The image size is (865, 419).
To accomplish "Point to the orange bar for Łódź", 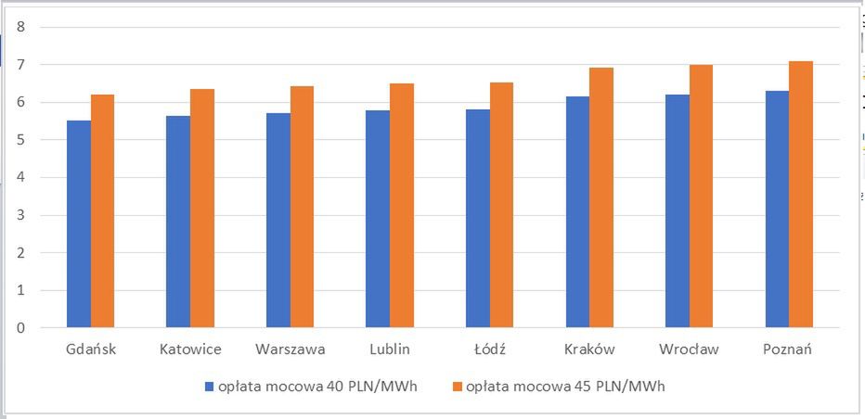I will (x=502, y=205).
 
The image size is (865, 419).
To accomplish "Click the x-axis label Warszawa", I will (x=290, y=349).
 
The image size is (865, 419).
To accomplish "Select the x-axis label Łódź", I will (x=490, y=349).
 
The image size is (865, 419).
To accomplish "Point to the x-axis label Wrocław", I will (x=689, y=349).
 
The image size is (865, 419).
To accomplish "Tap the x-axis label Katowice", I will (x=190, y=349).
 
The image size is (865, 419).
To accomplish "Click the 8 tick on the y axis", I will (x=20, y=27).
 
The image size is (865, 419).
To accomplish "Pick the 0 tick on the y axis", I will (x=20, y=328).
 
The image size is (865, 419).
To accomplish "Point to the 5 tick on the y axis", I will (x=20, y=140).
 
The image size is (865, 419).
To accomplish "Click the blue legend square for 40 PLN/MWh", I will (x=210, y=386).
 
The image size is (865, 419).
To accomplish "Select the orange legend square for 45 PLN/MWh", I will (x=458, y=386).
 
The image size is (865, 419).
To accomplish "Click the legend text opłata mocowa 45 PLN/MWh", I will (x=566, y=386).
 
